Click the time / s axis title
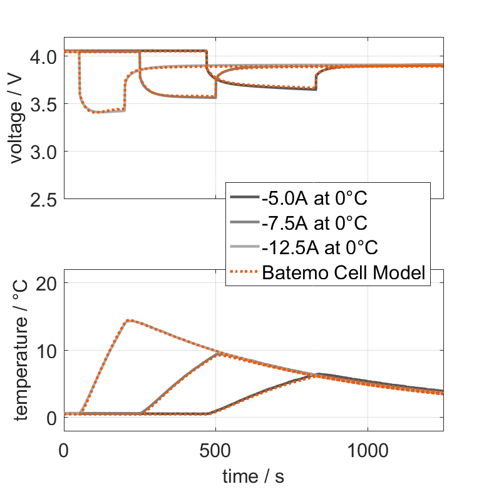[253, 476]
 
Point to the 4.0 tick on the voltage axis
[43, 56]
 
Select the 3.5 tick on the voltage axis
[43, 104]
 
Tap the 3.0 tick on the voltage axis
[43, 152]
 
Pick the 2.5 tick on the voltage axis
[43, 199]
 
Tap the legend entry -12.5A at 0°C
[319, 248]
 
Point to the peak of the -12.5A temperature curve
[128, 321]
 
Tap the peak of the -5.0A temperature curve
[318, 374]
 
